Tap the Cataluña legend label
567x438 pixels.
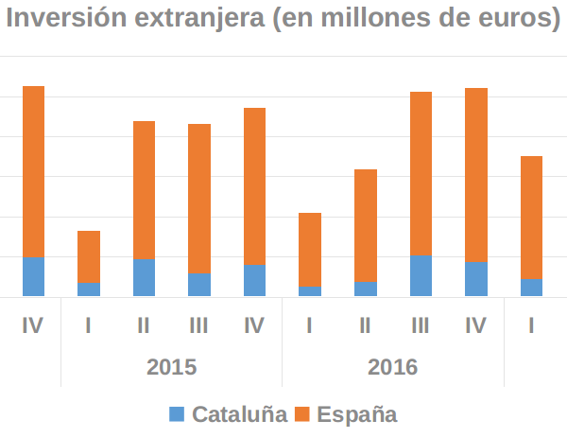click(240, 413)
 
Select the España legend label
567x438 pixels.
click(357, 413)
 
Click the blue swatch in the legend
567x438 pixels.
click(178, 413)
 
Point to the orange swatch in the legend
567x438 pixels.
click(302, 413)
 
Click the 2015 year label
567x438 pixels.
click(171, 366)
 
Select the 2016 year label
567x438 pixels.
click(393, 366)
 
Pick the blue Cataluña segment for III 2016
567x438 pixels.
click(421, 275)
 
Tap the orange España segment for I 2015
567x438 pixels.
click(89, 256)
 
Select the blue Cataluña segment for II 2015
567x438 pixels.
click(144, 277)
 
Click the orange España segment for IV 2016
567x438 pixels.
click(476, 175)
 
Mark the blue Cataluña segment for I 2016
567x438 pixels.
click(310, 291)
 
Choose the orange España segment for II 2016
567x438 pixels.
click(366, 225)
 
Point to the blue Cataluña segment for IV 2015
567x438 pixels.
click(254, 280)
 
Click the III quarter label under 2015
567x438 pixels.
click(198, 325)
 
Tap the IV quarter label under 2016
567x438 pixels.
click(476, 325)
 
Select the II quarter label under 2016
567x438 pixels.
click(366, 325)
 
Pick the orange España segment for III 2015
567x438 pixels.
click(199, 199)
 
